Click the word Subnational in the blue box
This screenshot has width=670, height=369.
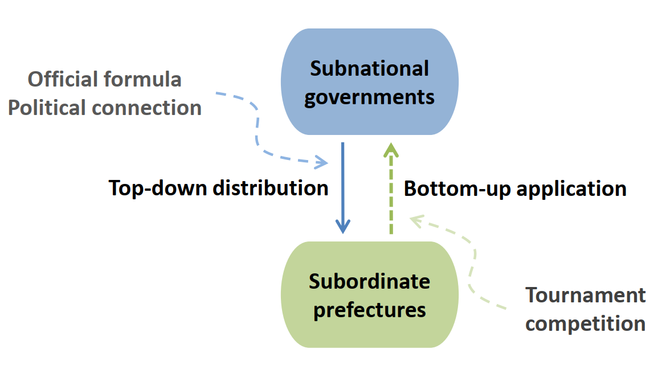tap(369, 68)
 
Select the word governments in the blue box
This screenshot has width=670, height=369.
tap(369, 97)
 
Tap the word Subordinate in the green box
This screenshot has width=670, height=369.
tap(369, 281)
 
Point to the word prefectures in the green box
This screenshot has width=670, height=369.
tap(369, 310)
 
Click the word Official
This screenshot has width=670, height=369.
tap(63, 80)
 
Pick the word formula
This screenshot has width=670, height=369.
tap(142, 80)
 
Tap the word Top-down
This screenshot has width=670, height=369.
tap(157, 188)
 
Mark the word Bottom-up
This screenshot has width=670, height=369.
tap(457, 189)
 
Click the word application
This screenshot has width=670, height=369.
tap(572, 189)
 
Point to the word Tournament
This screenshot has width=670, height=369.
tap(586, 295)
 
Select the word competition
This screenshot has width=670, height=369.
tap(586, 324)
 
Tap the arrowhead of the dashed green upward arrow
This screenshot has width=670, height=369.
tap(391, 150)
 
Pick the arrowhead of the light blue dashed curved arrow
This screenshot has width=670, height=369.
tap(321, 162)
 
